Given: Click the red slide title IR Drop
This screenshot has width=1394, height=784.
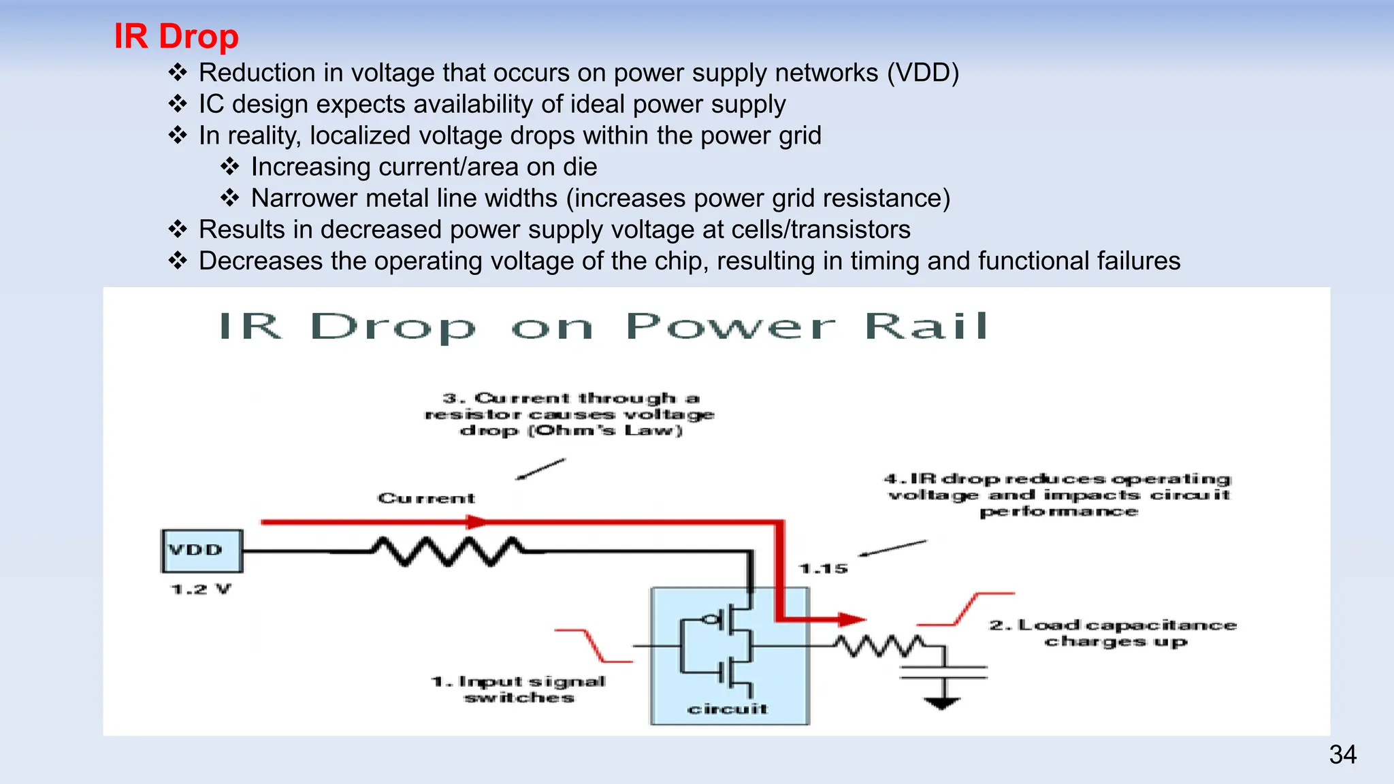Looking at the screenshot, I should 176,36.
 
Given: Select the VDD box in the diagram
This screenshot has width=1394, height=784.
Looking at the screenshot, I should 201,551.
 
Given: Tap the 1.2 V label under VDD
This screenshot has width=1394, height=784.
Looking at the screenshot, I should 201,589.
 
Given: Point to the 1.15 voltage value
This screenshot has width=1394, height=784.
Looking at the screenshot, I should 824,568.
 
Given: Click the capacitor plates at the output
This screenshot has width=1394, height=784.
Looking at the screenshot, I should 943,672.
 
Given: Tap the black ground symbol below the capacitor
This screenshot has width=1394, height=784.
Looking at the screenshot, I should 942,703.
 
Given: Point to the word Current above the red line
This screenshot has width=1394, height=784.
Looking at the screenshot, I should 427,499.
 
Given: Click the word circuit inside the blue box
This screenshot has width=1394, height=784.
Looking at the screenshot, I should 728,709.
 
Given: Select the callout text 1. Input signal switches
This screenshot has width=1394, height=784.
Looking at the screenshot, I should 519,689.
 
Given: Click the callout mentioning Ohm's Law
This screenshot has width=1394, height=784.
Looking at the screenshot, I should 570,414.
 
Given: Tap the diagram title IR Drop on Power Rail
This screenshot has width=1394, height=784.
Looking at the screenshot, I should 603,327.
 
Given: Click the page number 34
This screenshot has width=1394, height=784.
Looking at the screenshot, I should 1342,755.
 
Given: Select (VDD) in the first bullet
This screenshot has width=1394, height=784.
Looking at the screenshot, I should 922,73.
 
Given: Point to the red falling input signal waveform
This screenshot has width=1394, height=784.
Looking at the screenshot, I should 593,645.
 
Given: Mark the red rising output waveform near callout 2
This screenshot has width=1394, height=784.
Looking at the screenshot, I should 965,608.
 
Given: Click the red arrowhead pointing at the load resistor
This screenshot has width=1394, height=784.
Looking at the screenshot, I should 851,619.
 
